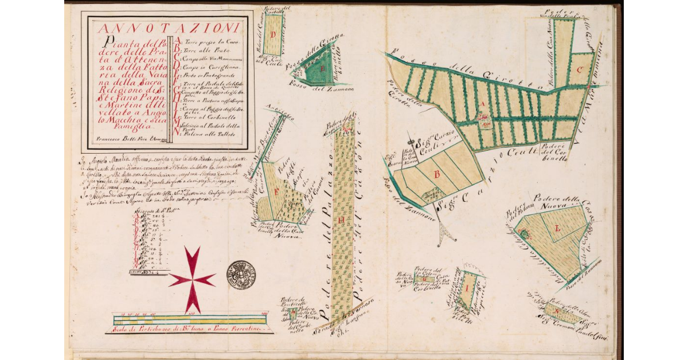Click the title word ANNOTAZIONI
[168, 28]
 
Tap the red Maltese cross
[192, 279]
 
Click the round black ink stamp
[241, 275]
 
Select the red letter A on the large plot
[483, 104]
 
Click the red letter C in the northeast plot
[580, 71]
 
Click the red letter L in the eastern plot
[556, 229]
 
